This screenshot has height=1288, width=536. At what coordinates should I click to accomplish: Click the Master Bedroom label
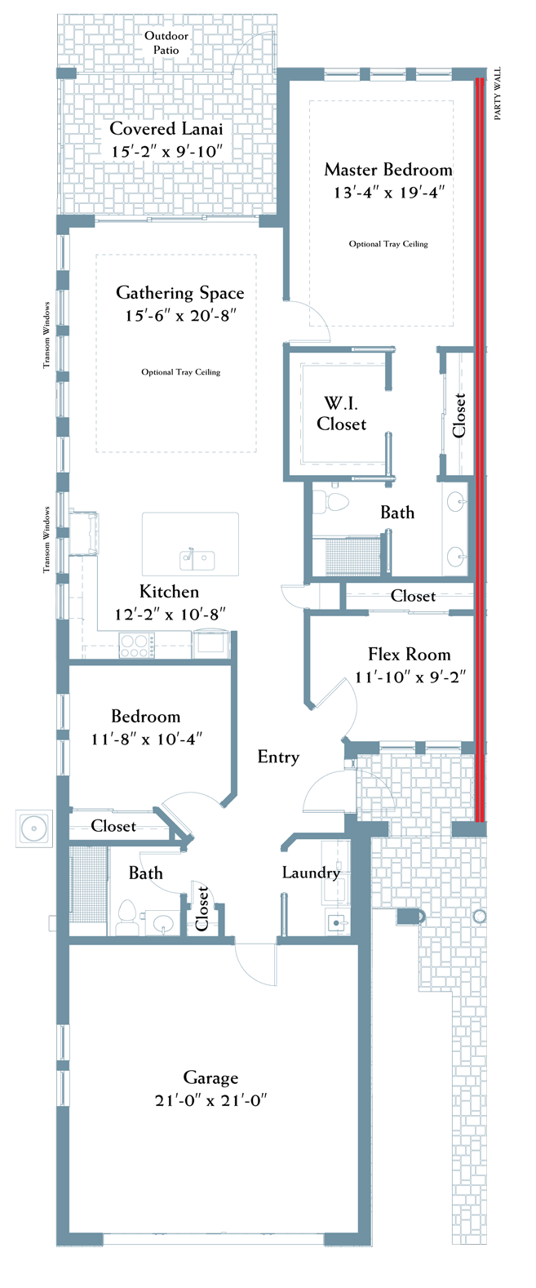coord(388,170)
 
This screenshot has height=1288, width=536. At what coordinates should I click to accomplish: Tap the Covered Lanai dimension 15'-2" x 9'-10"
coord(166,152)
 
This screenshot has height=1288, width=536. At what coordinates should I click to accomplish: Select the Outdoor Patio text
coord(166,42)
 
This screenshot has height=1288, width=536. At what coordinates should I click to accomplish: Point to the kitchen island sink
coord(197,559)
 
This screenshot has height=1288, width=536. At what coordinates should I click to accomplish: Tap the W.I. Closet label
coord(341,414)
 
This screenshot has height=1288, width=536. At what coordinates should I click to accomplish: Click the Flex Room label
coord(409,655)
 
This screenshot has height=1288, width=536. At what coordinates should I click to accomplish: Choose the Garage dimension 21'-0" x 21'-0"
coord(210,1100)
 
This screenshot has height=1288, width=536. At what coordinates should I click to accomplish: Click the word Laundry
coord(311,873)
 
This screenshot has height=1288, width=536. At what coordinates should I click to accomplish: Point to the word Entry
coord(279,757)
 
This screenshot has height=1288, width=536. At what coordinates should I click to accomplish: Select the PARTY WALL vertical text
coord(498,94)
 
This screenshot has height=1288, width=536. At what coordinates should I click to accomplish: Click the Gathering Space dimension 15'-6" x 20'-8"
coord(181,316)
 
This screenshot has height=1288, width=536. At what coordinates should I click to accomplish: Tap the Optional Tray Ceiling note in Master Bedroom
coord(388,244)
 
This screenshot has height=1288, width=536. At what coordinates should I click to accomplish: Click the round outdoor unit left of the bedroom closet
coord(34,828)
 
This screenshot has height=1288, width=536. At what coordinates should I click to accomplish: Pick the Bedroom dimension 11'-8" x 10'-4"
coord(147,739)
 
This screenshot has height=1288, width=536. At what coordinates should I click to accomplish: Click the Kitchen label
coord(169,592)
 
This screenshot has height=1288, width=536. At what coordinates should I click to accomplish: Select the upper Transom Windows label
coord(47,335)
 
